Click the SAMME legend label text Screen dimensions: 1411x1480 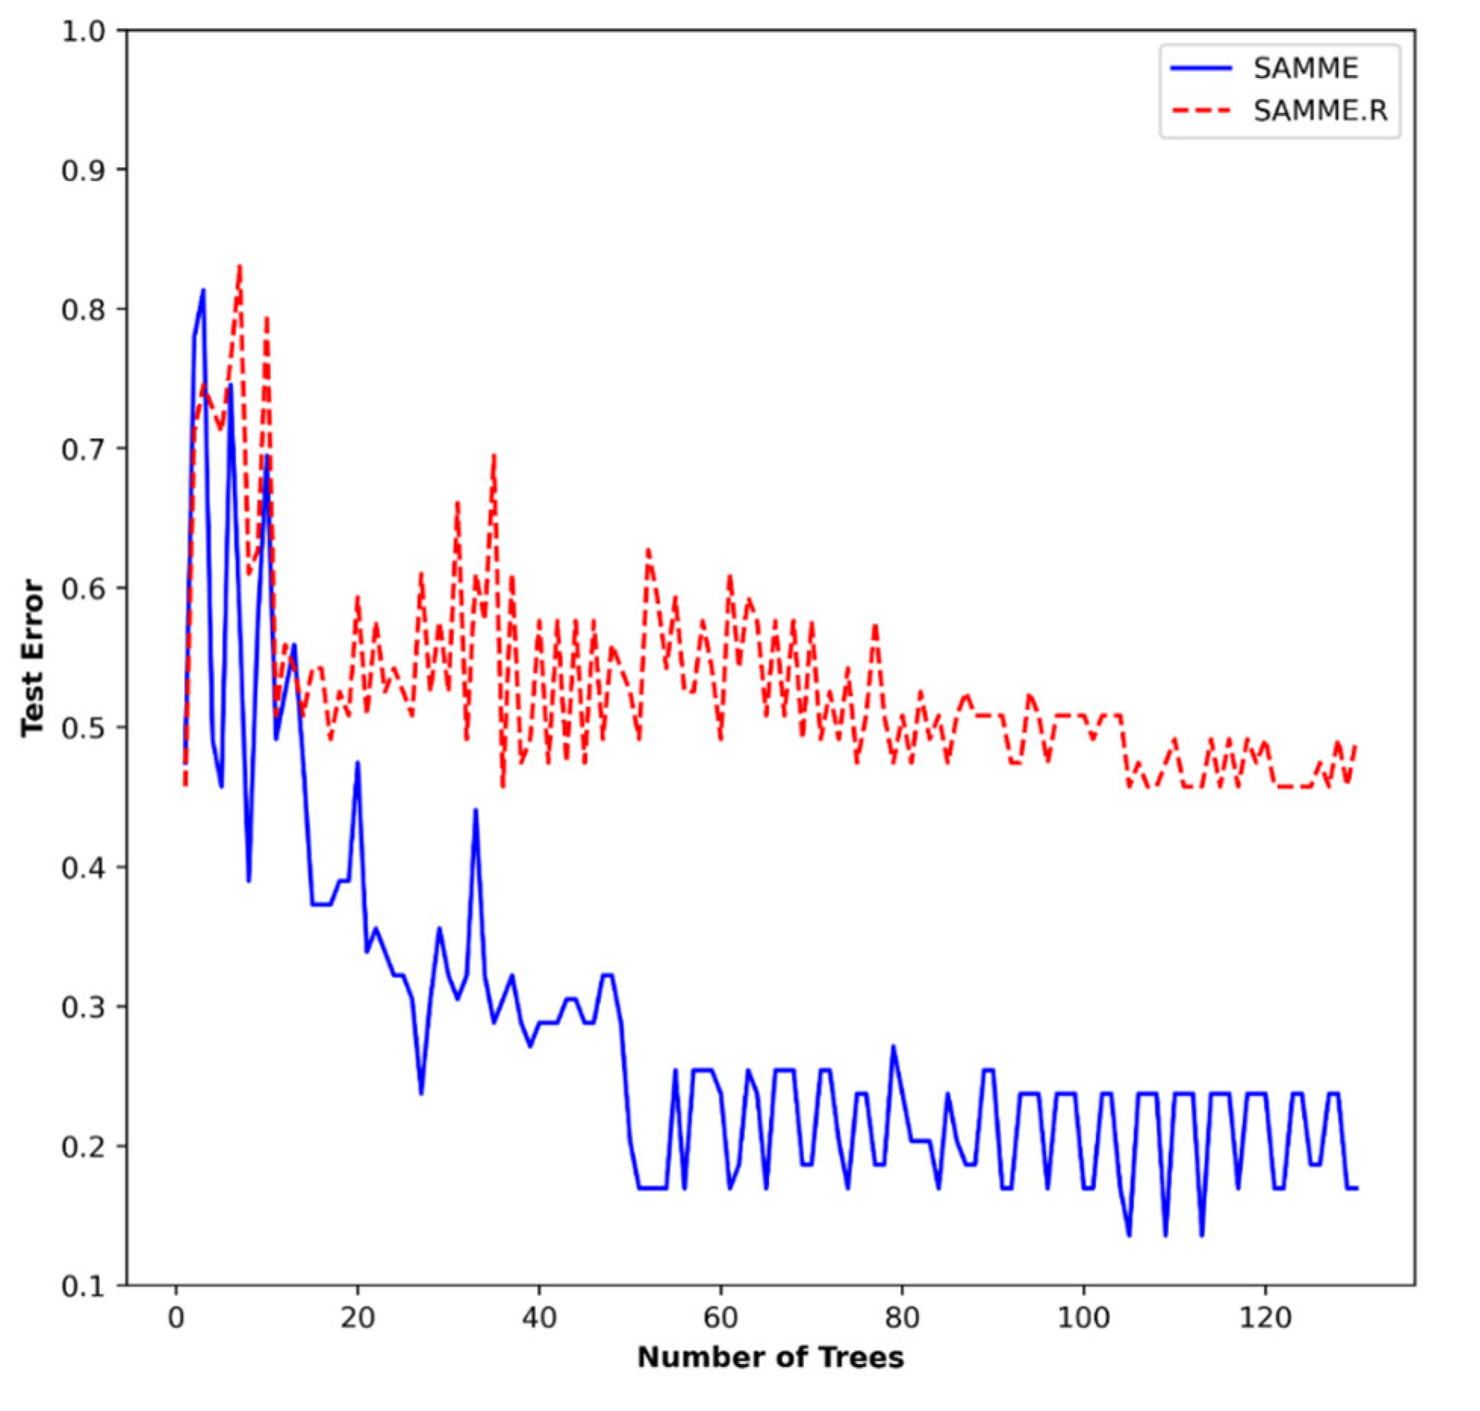pyautogui.click(x=1305, y=69)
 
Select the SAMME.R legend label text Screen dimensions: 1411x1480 pyautogui.click(x=1320, y=111)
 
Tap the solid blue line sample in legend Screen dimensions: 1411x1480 pyautogui.click(x=1201, y=69)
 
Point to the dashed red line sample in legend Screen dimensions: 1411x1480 pyautogui.click(x=1201, y=111)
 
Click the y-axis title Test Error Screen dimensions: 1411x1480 pyautogui.click(x=32, y=658)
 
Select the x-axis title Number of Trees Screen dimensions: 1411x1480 pyautogui.click(x=770, y=1357)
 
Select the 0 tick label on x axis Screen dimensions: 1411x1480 pyautogui.click(x=176, y=1318)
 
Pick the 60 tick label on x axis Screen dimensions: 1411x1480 pyautogui.click(x=720, y=1318)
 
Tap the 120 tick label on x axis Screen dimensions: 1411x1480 pyautogui.click(x=1264, y=1318)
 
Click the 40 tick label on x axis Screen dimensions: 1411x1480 pyautogui.click(x=538, y=1318)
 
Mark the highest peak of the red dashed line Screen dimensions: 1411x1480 pyautogui.click(x=239, y=266)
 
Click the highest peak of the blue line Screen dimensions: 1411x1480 pyautogui.click(x=203, y=290)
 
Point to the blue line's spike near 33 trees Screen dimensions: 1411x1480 pyautogui.click(x=475, y=810)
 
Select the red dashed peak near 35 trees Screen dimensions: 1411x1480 pyautogui.click(x=494, y=455)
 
